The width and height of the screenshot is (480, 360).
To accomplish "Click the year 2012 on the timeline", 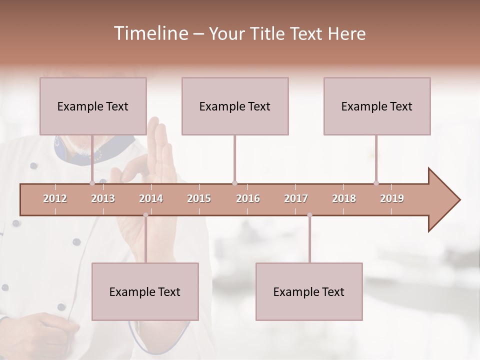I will click(55, 198).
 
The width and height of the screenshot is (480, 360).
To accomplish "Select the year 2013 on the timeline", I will click(103, 198).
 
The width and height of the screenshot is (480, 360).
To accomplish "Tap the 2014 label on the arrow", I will click(151, 198).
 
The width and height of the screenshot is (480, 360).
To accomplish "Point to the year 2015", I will click(199, 198).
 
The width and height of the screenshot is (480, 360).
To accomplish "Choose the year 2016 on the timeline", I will click(248, 198).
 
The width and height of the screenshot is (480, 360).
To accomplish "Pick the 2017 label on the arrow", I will click(296, 198).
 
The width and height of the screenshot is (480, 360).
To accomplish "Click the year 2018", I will click(344, 198).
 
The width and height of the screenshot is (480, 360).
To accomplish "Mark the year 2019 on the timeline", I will click(392, 198).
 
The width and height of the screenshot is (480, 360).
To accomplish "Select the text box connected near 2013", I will click(93, 106).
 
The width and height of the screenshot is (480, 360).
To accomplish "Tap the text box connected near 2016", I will click(235, 106).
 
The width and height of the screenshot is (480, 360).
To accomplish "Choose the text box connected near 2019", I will click(377, 106).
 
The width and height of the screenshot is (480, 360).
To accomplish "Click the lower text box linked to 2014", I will click(145, 291).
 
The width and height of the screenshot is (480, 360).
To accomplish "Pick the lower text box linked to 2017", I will click(309, 291).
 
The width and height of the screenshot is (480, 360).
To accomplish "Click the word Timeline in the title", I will click(149, 33).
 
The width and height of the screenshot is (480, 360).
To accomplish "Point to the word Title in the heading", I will click(269, 33).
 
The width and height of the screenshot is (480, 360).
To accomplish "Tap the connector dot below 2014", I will click(145, 215).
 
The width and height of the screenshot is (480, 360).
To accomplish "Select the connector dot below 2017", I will click(309, 215).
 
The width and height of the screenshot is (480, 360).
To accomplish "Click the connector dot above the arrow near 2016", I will click(234, 183).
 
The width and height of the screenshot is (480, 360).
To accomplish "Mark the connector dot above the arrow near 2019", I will click(376, 183).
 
